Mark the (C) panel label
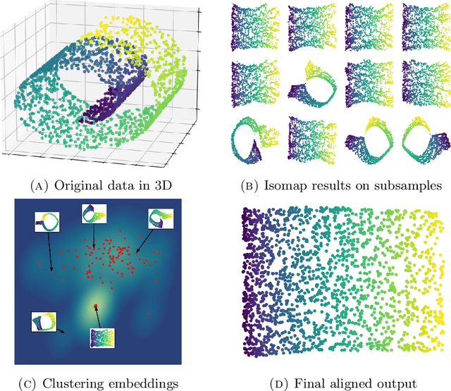coord(32,383)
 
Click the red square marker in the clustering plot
coord(96,306)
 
